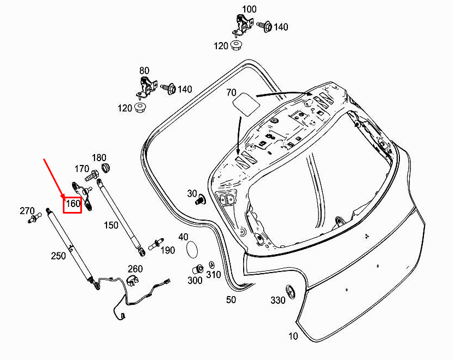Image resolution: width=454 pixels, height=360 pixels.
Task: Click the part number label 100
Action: tap(249, 9)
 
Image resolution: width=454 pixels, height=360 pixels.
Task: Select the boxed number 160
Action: tap(73, 205)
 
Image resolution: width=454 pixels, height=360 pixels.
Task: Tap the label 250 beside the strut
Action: tap(58, 256)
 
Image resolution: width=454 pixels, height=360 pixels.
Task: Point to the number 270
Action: tap(27, 211)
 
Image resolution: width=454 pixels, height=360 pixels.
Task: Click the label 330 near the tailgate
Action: tap(278, 300)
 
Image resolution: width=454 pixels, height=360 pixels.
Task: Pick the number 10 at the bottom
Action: tap(293, 336)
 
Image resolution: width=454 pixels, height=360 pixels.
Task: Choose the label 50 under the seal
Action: tap(231, 299)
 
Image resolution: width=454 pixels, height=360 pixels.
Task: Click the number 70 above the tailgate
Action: tap(231, 93)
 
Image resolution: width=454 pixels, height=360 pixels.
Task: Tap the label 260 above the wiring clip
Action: tap(135, 268)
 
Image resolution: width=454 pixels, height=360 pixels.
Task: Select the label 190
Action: tap(168, 250)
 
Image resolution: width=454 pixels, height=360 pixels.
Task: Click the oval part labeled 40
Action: tap(192, 249)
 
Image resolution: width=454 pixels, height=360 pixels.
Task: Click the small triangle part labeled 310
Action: tap(211, 265)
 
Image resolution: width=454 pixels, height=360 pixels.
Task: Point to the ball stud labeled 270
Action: tap(37, 219)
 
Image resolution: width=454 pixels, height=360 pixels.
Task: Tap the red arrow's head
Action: tap(64, 196)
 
